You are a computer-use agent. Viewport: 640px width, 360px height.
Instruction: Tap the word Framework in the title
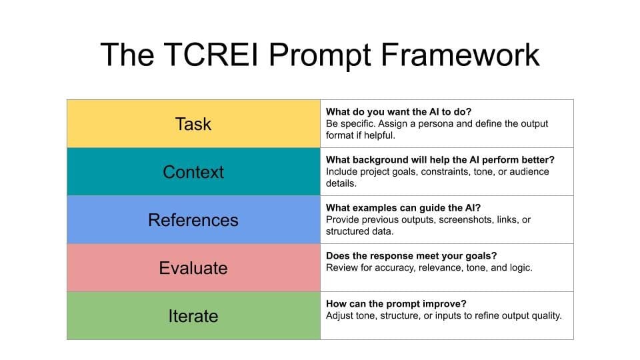460,54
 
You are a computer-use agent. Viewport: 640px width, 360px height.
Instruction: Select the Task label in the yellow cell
193,124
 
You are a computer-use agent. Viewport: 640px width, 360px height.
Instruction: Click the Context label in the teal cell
193,172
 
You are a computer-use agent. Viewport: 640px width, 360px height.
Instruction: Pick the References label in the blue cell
193,220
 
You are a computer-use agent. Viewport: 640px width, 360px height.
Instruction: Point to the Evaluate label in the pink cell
193,268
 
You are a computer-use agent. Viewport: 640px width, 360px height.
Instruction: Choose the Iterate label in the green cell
193,316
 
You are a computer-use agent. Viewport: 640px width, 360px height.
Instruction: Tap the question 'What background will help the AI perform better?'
440,160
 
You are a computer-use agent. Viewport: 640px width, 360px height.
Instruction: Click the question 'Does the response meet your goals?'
411,256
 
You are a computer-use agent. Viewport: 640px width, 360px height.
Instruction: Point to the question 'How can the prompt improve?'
396,304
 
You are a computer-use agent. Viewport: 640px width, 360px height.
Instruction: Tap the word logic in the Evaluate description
520,268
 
